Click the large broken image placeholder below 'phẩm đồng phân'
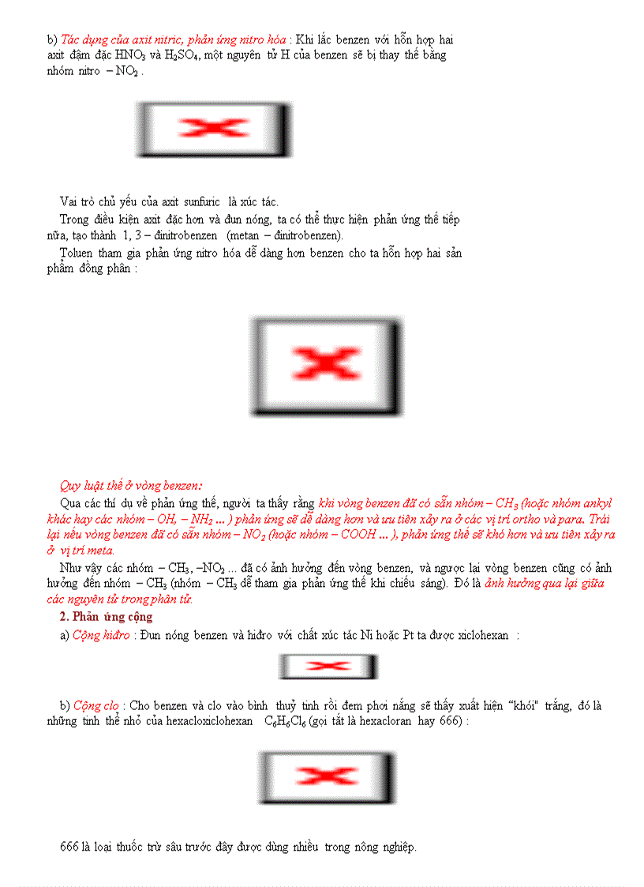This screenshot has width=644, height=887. pos(326,366)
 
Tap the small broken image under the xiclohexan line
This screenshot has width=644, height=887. pos(328,667)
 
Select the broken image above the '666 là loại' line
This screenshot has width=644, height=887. pos(325,778)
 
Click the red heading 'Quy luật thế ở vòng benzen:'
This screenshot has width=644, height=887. pos(130,486)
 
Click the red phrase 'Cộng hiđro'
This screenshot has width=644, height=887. pos(101,636)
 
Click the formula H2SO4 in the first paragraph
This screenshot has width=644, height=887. pos(184,55)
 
